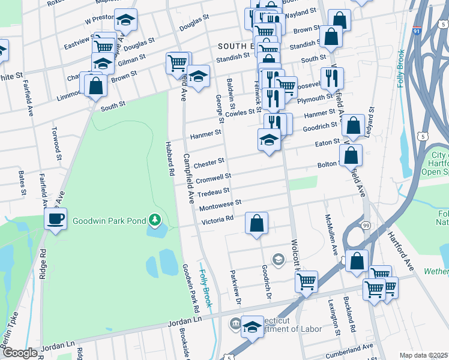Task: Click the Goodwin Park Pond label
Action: click(108, 221)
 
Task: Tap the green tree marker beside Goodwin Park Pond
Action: click(155, 221)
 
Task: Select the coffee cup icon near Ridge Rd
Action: click(56, 218)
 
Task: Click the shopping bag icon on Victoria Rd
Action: click(256, 224)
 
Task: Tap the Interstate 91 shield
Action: click(443, 23)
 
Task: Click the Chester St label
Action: click(209, 162)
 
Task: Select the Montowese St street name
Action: click(221, 205)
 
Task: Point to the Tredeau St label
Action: click(214, 191)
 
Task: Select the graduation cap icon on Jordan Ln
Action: click(252, 326)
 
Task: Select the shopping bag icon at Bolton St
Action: click(351, 155)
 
